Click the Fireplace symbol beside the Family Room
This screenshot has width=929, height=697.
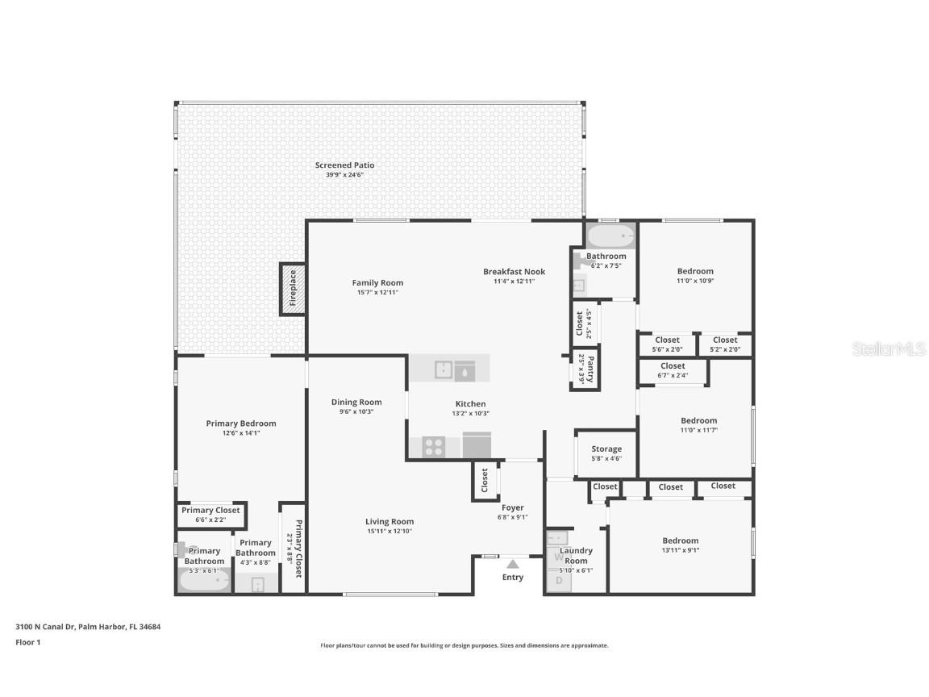tap(293, 289)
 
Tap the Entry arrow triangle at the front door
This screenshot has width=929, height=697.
tap(513, 564)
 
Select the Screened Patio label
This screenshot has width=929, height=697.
tap(344, 165)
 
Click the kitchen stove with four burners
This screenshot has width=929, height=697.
tap(433, 446)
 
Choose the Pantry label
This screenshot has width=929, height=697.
tap(590, 369)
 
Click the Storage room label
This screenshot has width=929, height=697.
tap(606, 449)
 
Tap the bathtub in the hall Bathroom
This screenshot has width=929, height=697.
tap(610, 236)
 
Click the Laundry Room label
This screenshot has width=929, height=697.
tap(576, 556)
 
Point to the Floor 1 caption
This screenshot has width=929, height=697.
tap(27, 642)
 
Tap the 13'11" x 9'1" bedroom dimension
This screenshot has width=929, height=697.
tap(680, 551)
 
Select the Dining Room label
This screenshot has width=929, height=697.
tap(356, 402)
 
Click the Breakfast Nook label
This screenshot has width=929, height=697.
tap(514, 272)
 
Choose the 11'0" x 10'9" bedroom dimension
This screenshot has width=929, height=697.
tap(695, 281)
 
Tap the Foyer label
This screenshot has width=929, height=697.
tap(513, 507)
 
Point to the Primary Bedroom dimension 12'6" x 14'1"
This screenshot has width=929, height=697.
tap(241, 433)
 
